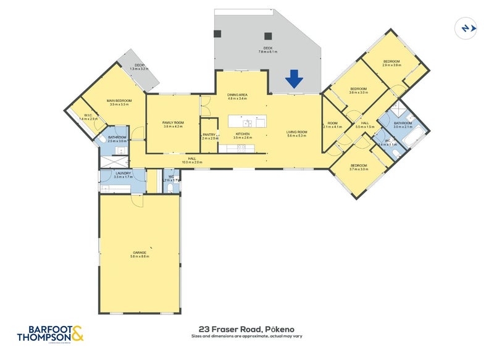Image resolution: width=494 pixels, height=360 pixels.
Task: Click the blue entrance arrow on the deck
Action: pyautogui.click(x=294, y=78)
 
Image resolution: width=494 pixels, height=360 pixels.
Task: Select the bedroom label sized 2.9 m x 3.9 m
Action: pyautogui.click(x=391, y=63)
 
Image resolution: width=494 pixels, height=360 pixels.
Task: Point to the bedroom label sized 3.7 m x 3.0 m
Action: pyautogui.click(x=359, y=167)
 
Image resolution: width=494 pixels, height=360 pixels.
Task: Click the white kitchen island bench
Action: pyautogui.click(x=247, y=120)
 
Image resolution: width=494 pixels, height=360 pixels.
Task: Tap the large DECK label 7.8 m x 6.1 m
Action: pyautogui.click(x=268, y=49)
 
